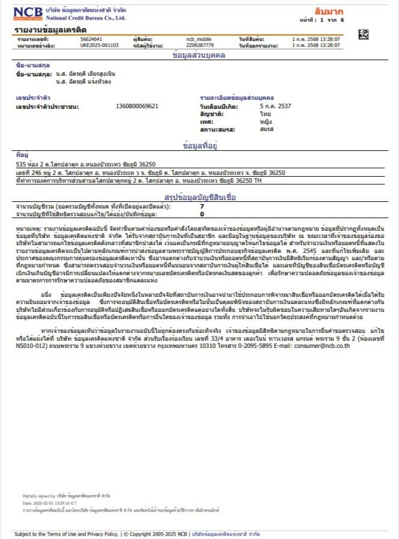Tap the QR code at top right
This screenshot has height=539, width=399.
363,34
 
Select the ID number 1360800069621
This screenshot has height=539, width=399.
137,106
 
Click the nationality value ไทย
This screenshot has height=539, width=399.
265,113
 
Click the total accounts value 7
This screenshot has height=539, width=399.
202,206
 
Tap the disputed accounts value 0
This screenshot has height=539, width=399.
202,213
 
